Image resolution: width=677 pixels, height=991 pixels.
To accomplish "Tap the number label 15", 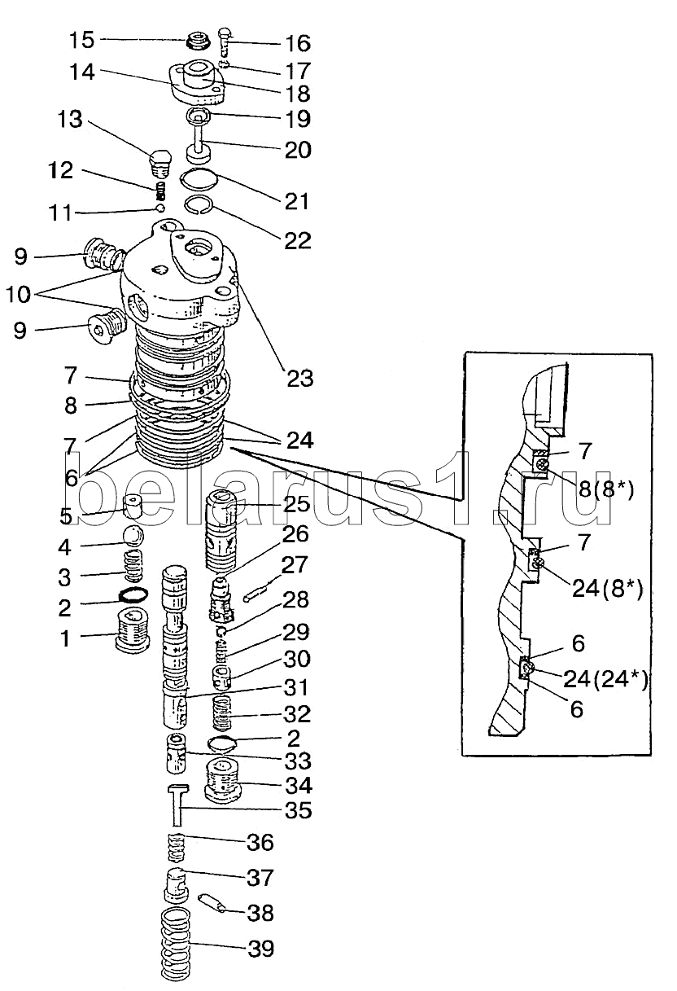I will click(x=82, y=40).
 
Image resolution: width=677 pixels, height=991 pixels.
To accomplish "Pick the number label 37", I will click(x=261, y=878).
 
